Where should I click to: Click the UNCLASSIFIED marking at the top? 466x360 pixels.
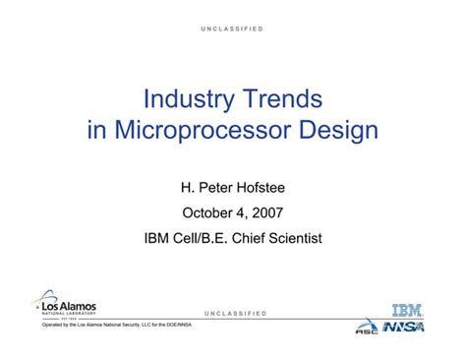pyautogui.click(x=233, y=30)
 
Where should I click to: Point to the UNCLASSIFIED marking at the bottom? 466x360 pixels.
pyautogui.click(x=234, y=313)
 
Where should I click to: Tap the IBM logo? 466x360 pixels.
pyautogui.click(x=407, y=310)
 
